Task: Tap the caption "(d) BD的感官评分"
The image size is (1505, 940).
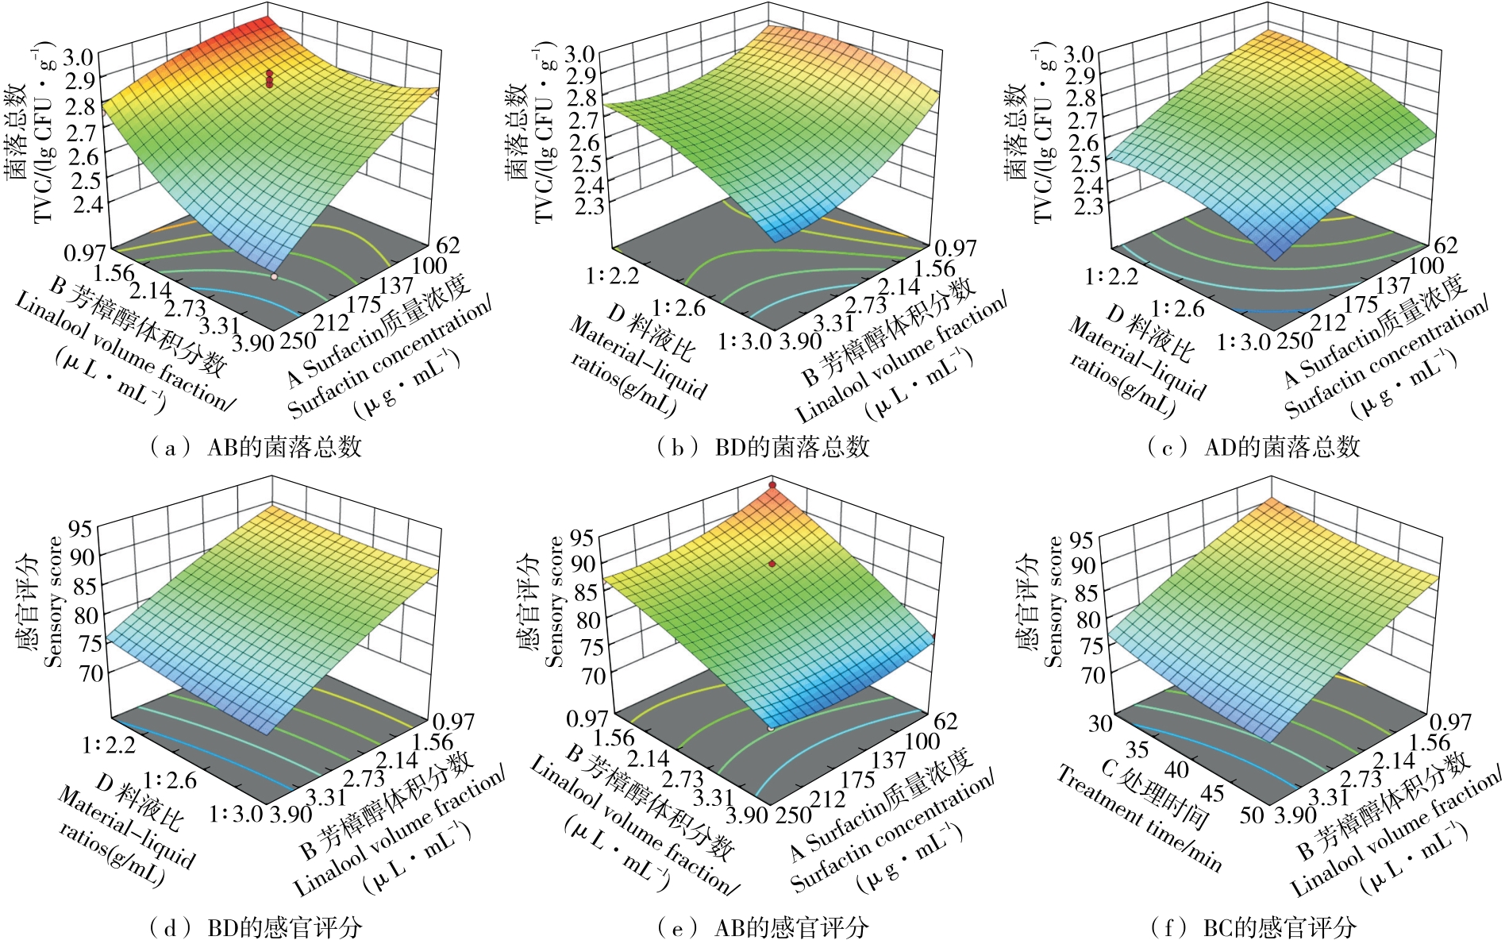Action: pos(256,926)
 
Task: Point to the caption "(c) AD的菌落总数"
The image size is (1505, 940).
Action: pos(1254,447)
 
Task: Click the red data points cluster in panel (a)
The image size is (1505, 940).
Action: pos(269,79)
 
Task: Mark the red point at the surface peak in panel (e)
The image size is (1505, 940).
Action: pos(772,484)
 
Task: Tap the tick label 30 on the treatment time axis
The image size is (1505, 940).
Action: pos(1100,723)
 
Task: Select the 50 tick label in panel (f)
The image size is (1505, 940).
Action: pos(1252,815)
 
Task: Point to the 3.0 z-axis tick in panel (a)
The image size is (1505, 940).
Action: pos(81,56)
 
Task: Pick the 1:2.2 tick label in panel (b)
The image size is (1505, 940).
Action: pos(612,276)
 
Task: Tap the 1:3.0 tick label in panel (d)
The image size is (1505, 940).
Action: pos(236,815)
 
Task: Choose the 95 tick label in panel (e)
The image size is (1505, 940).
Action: pos(581,538)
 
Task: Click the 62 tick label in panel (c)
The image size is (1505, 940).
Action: pos(1445,245)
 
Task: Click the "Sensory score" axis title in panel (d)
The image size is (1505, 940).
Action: pos(54,601)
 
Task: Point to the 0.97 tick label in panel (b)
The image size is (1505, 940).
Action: pos(956,248)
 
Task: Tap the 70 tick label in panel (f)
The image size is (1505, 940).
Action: pos(1092,676)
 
